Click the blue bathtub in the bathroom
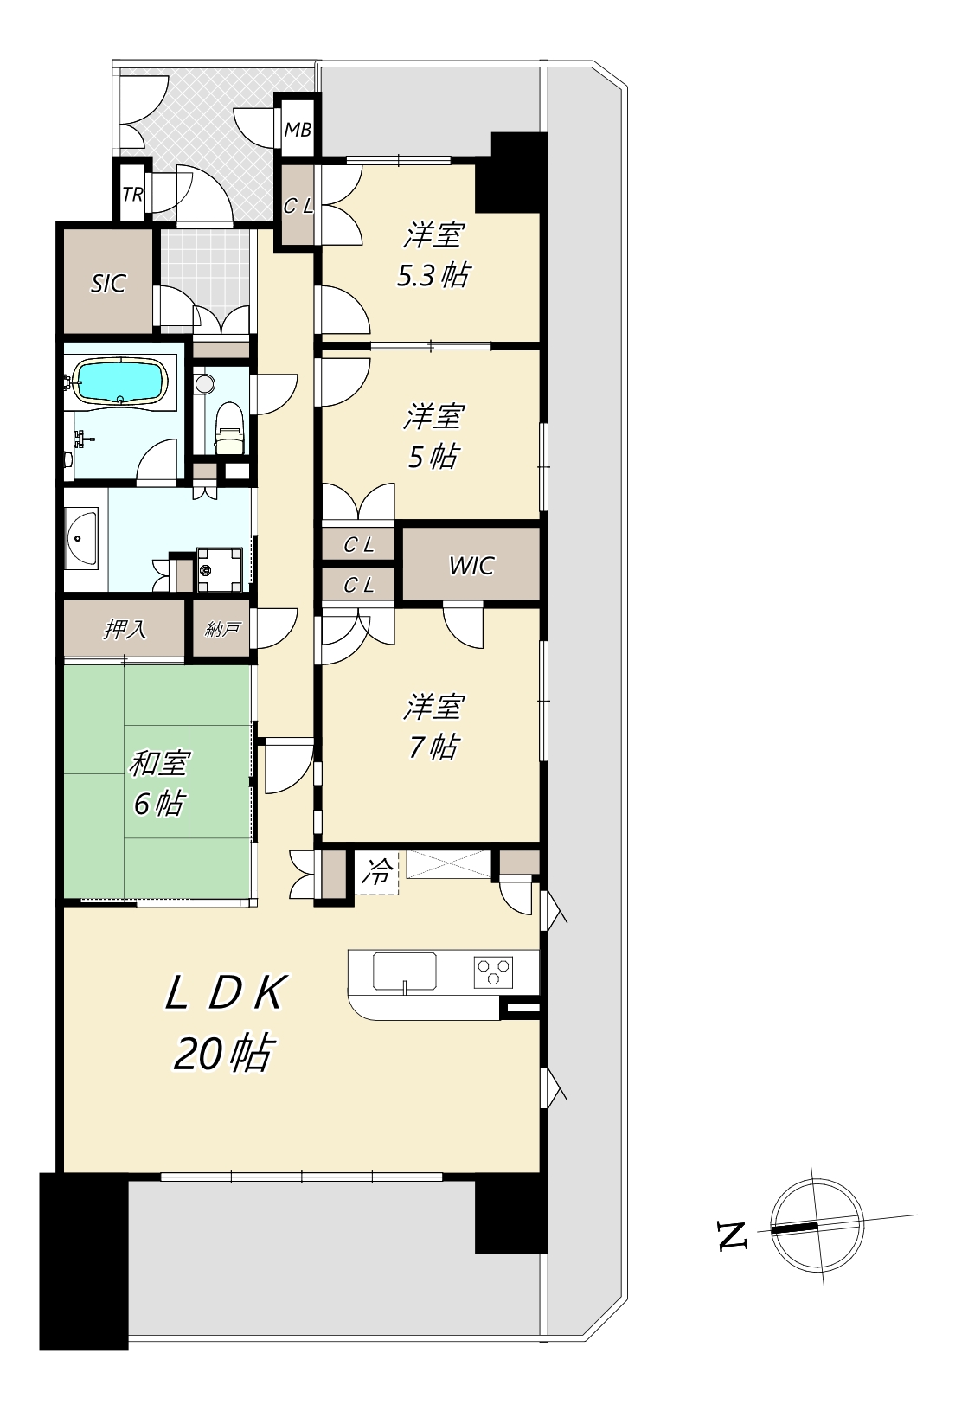(120, 382)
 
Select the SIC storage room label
(108, 284)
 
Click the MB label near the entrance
(298, 130)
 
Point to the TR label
(132, 195)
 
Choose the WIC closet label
(471, 565)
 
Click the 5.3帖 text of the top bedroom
(433, 275)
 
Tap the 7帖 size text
(433, 747)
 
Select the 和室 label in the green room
(159, 763)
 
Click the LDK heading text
(227, 993)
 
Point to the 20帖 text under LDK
(224, 1053)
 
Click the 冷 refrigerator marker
(377, 872)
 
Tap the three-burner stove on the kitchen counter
(493, 972)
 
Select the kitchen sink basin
(404, 972)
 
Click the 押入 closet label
(125, 629)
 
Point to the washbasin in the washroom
(80, 537)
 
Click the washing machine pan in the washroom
(220, 569)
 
